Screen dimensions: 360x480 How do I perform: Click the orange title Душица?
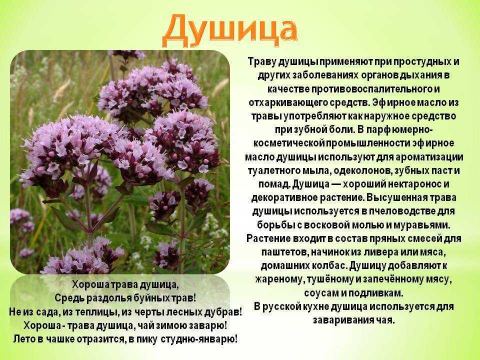(x=229, y=28)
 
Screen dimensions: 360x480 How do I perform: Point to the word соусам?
(x=321, y=292)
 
